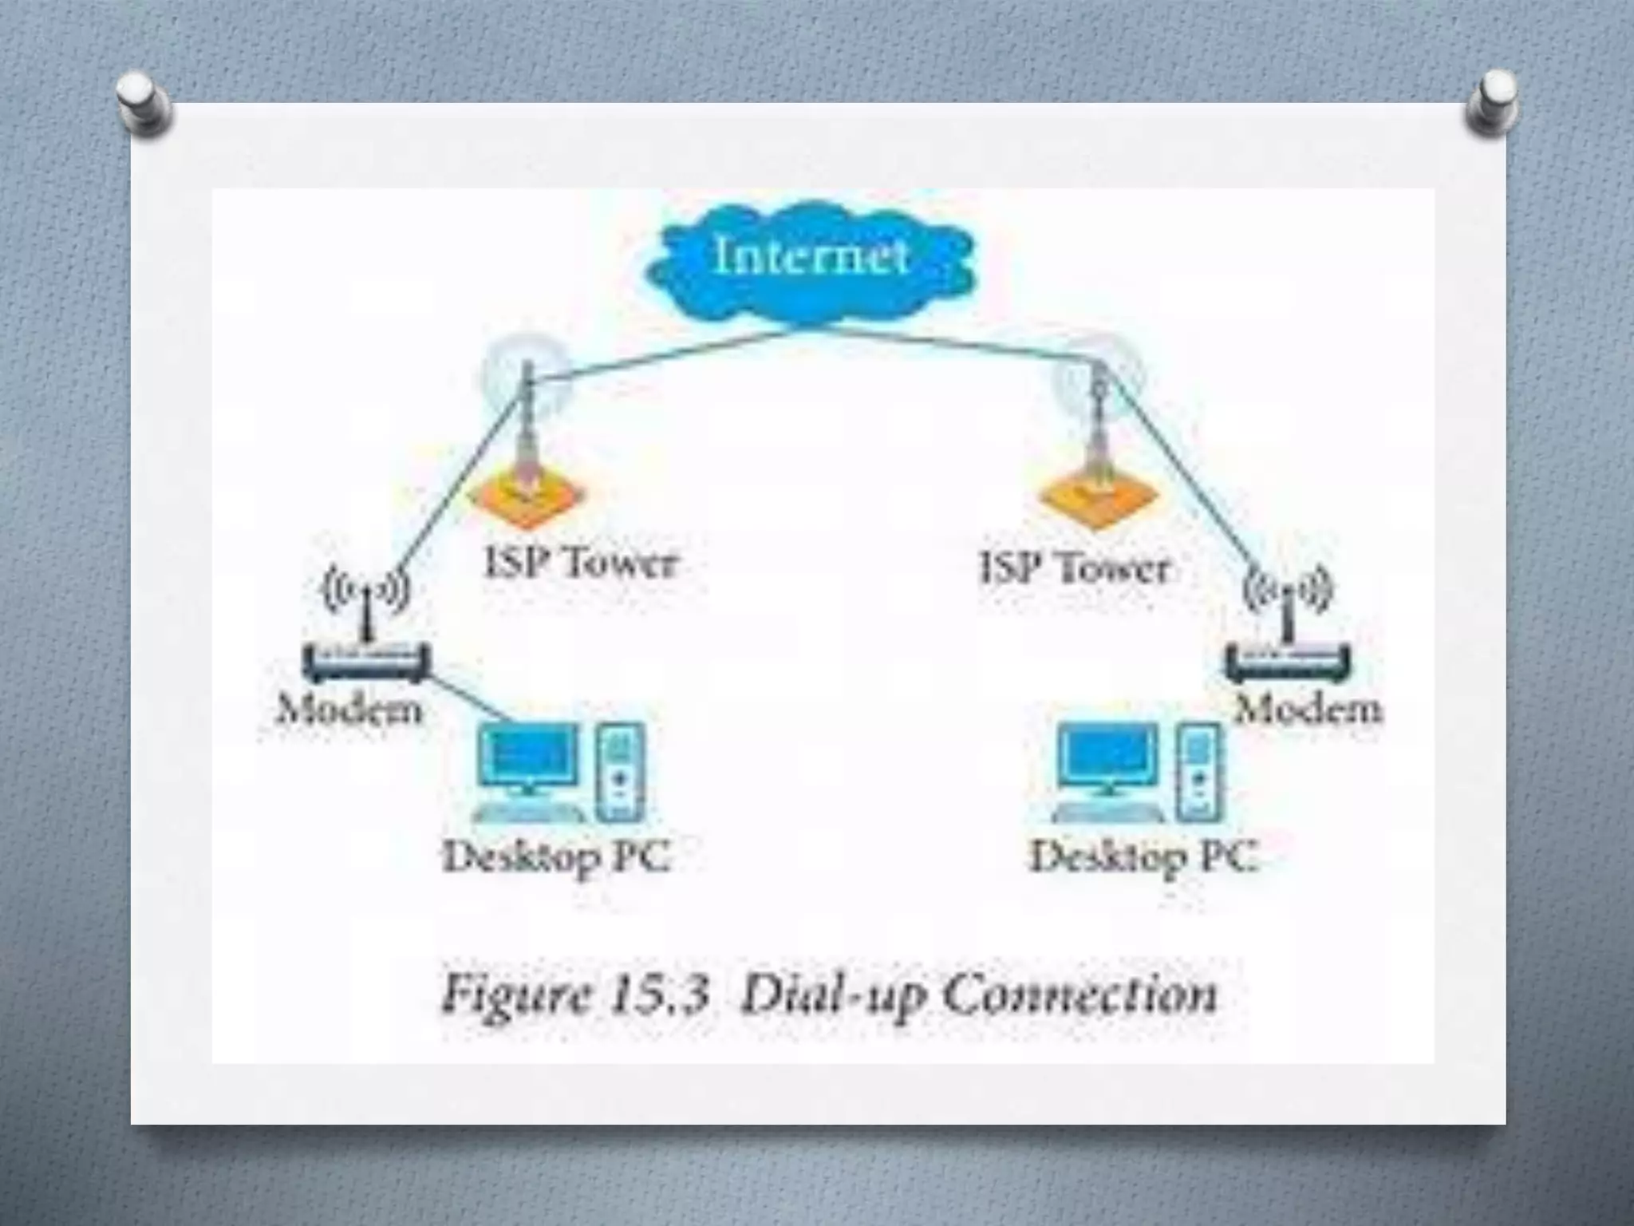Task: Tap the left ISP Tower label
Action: [581, 563]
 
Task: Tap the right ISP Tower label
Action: [1074, 568]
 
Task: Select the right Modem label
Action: [1308, 708]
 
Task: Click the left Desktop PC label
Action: [557, 858]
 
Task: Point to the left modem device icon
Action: [366, 662]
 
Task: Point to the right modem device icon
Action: [1287, 662]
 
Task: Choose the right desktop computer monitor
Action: [1107, 758]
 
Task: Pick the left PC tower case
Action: [621, 771]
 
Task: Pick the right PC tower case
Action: [1198, 771]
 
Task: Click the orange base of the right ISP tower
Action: [1098, 498]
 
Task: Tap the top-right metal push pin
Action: [1492, 102]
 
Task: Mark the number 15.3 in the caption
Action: [661, 995]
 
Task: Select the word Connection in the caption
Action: [1080, 995]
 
